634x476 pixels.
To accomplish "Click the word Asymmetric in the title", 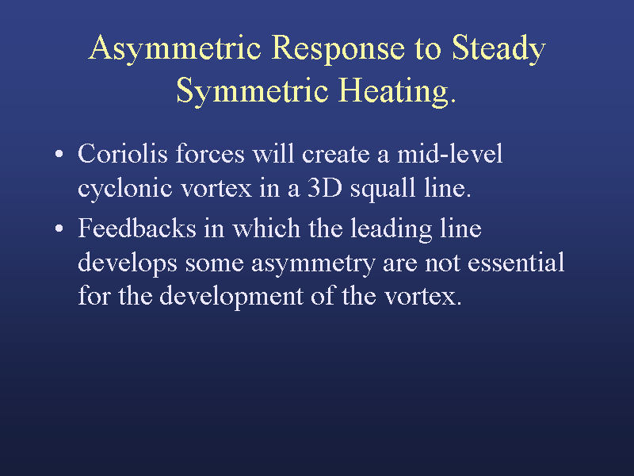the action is [174, 49].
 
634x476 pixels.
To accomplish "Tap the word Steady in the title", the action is [498, 49].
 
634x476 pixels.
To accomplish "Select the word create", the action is [335, 155].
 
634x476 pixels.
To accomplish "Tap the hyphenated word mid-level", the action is [450, 154].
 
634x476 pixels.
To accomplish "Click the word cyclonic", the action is [125, 189].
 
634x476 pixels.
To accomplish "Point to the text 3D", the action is [325, 188].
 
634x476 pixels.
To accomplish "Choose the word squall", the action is [383, 189].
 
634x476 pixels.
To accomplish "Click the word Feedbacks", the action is [137, 228].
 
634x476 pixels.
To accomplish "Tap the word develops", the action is [128, 263].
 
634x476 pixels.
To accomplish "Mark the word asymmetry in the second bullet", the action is [313, 264].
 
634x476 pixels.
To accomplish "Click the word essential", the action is [516, 263].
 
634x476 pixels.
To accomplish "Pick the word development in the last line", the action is [231, 297].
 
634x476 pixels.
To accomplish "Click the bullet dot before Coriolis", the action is [59, 154].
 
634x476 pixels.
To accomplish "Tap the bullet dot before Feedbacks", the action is [59, 228].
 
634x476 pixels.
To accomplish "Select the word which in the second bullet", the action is [266, 228].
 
